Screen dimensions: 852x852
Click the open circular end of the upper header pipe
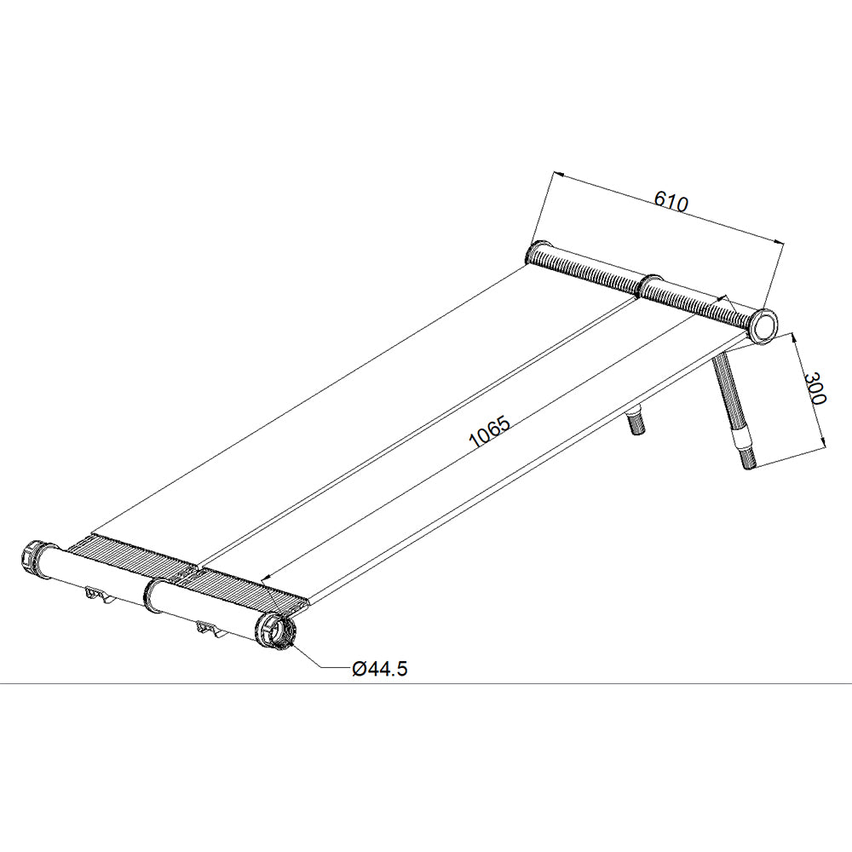(x=763, y=325)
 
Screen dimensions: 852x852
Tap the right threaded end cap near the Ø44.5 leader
(x=276, y=632)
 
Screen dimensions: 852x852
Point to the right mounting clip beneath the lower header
(x=210, y=631)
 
